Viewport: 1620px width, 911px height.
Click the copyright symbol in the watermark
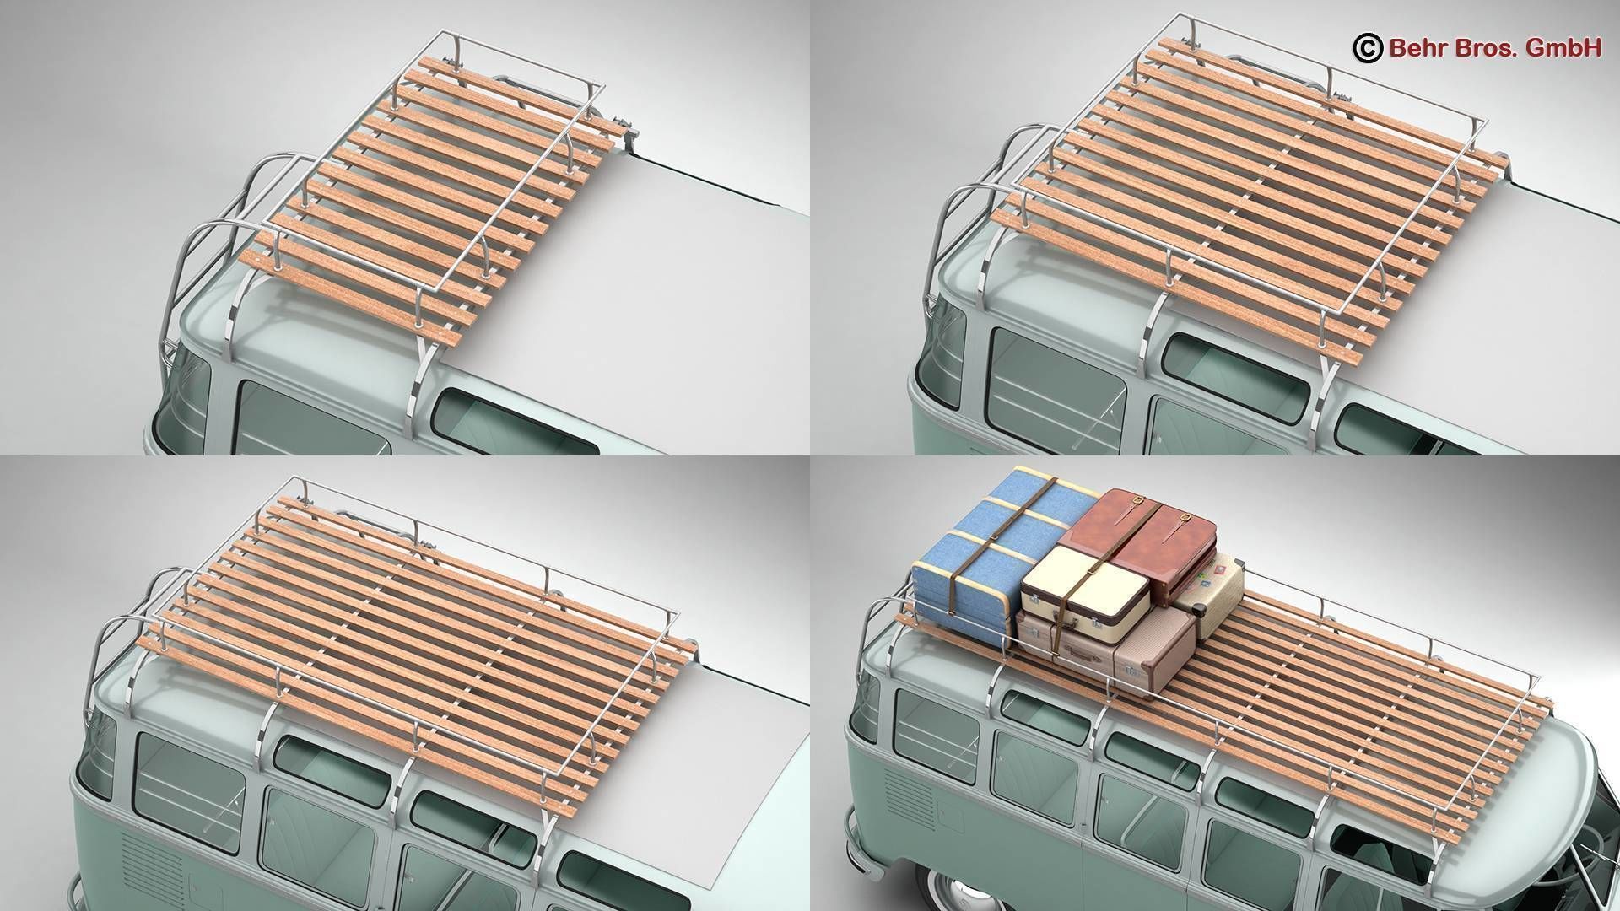click(x=1365, y=49)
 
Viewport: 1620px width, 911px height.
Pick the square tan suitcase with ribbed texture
click(x=1154, y=645)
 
